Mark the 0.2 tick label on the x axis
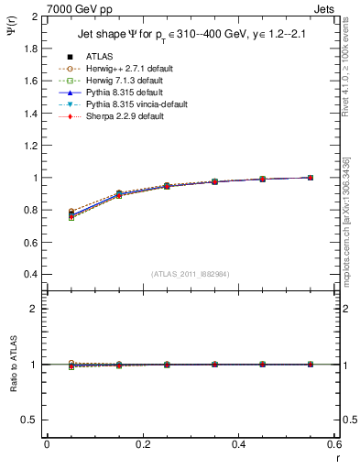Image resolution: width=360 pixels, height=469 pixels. pos(142,445)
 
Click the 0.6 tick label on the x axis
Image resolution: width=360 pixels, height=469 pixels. pos(334,445)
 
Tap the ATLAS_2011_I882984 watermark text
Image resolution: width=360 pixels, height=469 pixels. pos(191,274)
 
